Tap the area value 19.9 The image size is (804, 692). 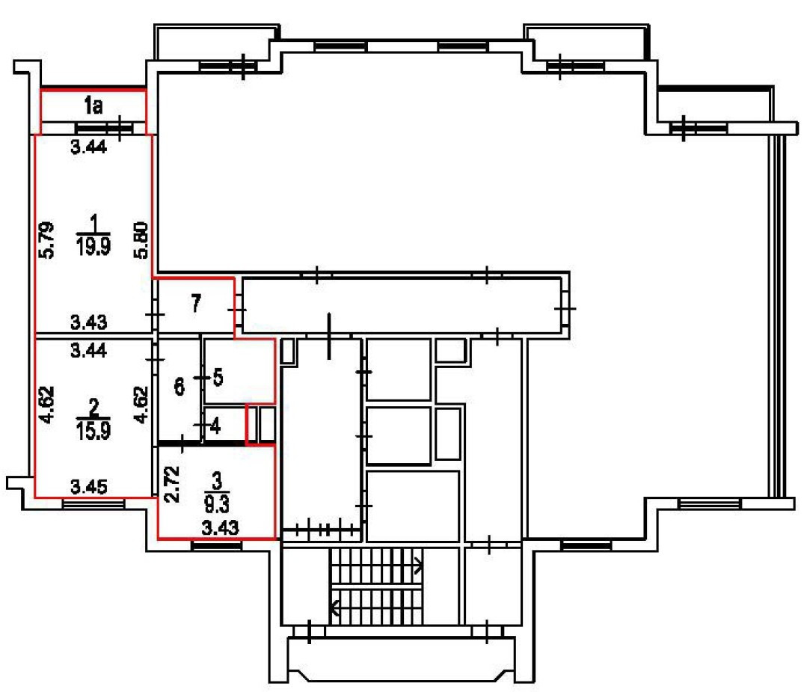click(93, 247)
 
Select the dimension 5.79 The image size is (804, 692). click(46, 238)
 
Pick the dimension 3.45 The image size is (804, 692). click(88, 487)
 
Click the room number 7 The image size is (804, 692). click(196, 304)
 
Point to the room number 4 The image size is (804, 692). click(215, 427)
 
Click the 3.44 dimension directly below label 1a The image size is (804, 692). click(88, 147)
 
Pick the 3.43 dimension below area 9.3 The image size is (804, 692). click(221, 527)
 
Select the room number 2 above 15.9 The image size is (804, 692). click(94, 408)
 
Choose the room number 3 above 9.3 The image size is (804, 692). click(218, 480)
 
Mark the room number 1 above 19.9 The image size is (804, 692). click(94, 222)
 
